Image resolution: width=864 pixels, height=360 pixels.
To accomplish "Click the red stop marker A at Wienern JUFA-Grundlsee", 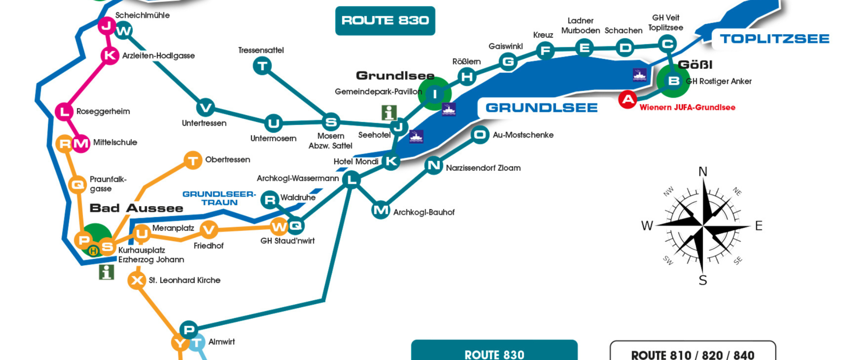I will (627, 99).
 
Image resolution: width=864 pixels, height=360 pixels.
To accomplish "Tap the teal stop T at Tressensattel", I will (262, 67).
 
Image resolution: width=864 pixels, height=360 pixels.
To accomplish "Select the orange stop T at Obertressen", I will (193, 160).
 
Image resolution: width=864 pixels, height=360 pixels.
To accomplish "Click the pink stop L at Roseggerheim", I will (64, 111).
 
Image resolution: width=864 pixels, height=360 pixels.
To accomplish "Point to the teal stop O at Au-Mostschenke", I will (480, 135).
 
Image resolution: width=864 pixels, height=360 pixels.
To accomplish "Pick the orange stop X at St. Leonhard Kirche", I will (137, 280).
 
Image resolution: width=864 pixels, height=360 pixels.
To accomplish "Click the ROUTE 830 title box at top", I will (385, 21).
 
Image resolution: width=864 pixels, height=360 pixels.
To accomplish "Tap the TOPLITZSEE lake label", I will (774, 39).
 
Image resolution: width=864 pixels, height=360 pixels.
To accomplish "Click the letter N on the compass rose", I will (702, 172).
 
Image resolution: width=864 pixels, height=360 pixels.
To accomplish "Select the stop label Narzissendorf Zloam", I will (483, 168).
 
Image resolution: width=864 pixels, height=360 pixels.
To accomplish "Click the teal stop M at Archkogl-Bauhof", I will (381, 210).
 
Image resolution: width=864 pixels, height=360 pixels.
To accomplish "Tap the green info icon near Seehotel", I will (389, 112).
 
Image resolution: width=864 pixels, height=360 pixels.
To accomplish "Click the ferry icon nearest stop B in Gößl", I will (639, 75).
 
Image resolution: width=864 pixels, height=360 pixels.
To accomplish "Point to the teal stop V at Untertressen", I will (206, 108).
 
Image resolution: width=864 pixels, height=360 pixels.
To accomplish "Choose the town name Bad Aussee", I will (136, 208).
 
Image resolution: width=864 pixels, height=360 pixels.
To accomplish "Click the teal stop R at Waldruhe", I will (270, 199).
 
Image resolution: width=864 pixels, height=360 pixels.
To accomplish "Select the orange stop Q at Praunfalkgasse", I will (77, 184).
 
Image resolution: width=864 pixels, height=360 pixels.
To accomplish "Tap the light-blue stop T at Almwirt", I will (196, 343).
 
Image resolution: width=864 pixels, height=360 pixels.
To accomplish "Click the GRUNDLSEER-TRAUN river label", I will (219, 198).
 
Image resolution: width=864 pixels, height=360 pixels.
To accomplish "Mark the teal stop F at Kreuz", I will (545, 50).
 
